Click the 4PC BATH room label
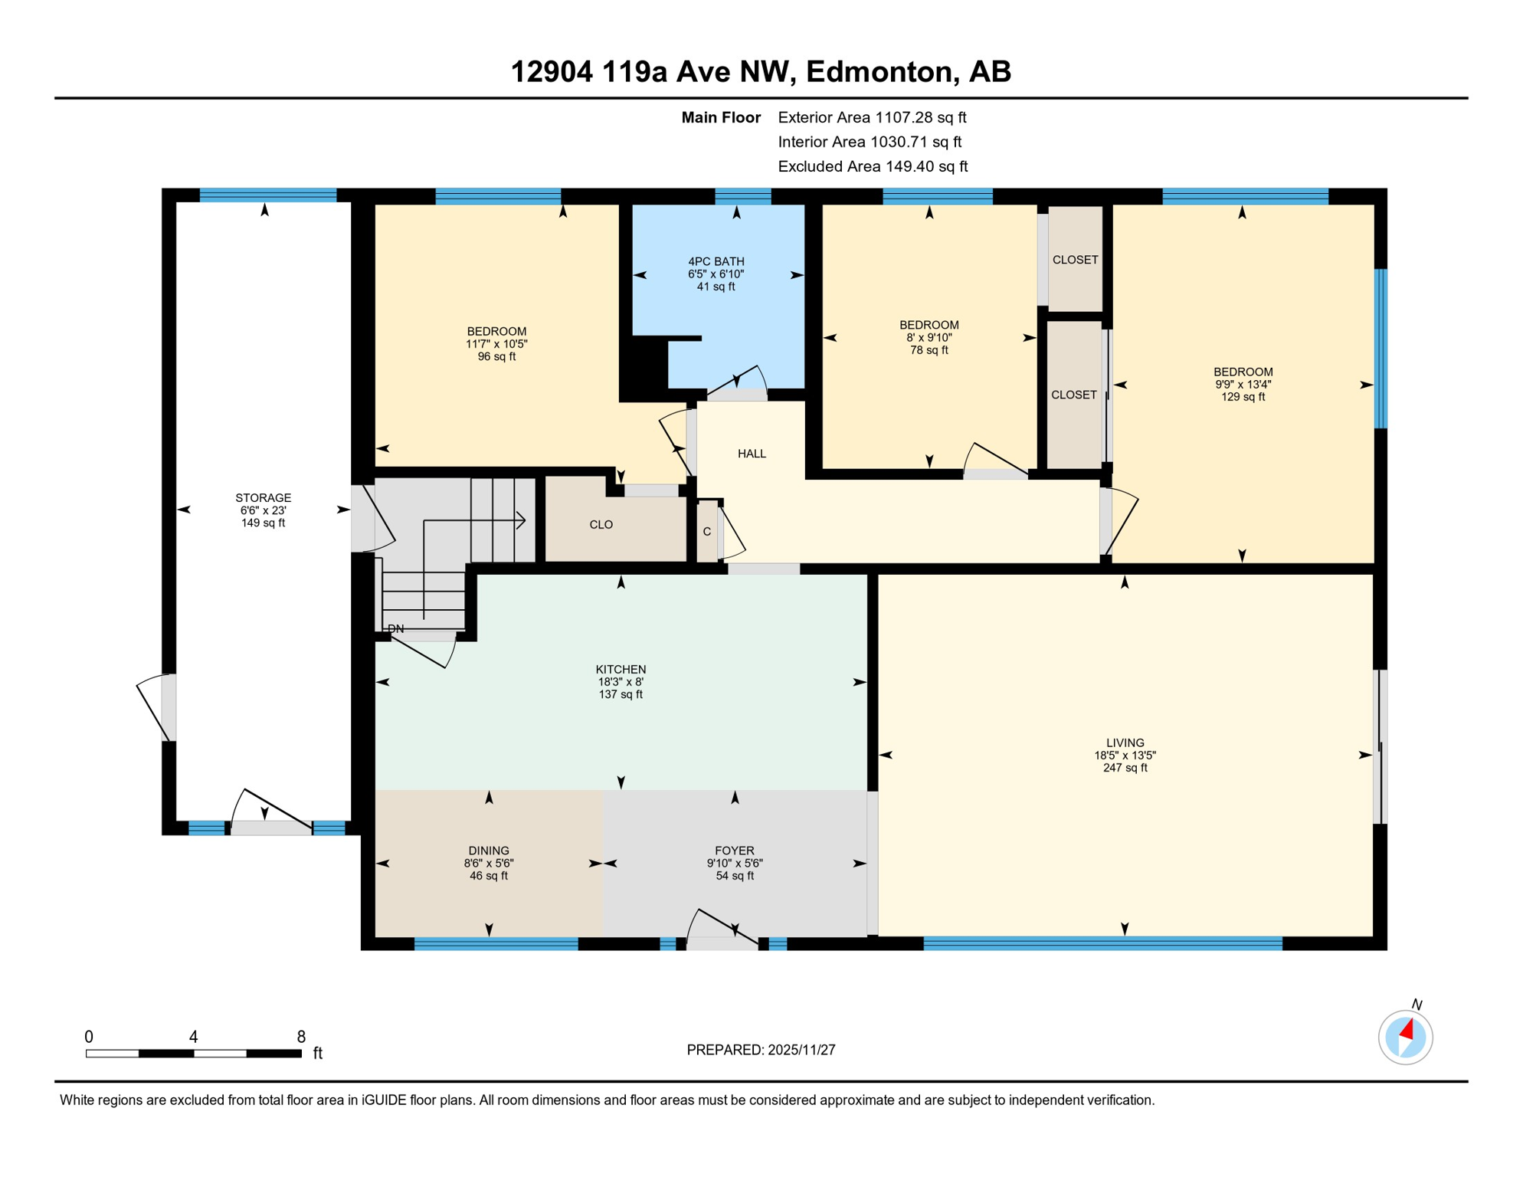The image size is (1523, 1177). (x=716, y=261)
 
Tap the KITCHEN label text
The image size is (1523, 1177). (x=621, y=669)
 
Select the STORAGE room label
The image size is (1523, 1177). (x=263, y=497)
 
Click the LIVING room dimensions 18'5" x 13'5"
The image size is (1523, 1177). (x=1125, y=755)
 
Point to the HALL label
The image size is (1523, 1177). (x=752, y=454)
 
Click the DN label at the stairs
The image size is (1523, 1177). (x=395, y=628)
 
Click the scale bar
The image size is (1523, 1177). (x=193, y=1054)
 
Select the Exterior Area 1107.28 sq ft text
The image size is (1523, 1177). (x=872, y=117)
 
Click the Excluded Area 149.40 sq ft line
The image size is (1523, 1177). (x=873, y=166)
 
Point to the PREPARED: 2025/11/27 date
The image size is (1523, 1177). (x=761, y=1050)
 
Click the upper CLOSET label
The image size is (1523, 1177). (x=1075, y=260)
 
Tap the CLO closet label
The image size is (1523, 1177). (x=601, y=524)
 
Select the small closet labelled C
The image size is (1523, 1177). (x=706, y=531)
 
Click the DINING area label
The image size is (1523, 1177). (x=488, y=850)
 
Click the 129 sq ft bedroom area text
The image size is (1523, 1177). (x=1243, y=397)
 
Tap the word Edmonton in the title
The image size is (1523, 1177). (x=880, y=71)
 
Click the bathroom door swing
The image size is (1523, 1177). (x=737, y=382)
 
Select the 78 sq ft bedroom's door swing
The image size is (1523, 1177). (x=994, y=460)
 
